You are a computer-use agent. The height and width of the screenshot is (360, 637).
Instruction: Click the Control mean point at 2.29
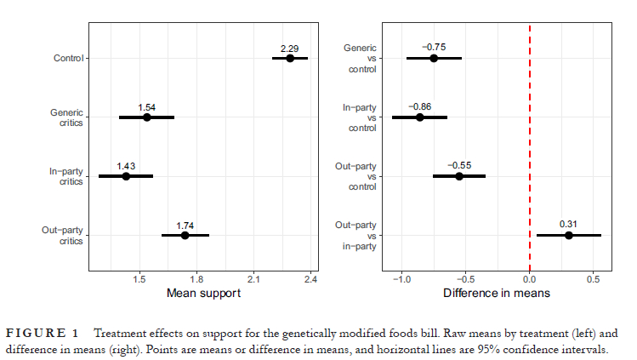click(x=290, y=58)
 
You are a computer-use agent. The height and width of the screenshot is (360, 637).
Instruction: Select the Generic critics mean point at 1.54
click(x=146, y=117)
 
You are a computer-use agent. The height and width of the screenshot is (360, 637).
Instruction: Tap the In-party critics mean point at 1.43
click(x=126, y=176)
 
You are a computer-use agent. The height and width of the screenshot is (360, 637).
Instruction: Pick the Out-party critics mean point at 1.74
click(x=185, y=235)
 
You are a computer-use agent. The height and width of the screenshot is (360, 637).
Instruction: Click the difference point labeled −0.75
click(x=434, y=58)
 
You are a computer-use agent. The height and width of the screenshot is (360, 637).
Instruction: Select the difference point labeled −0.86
click(x=419, y=117)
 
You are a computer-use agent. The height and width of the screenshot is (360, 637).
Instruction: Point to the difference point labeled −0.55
click(x=459, y=176)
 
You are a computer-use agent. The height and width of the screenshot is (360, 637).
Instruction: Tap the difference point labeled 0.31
click(x=569, y=235)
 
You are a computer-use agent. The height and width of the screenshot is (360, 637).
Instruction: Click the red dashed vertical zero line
click(x=530, y=145)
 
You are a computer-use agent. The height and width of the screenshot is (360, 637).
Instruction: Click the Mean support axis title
click(x=200, y=293)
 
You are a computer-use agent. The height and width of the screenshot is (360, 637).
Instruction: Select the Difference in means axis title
click(x=496, y=293)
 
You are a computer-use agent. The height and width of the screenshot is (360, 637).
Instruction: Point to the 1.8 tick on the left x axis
click(x=197, y=277)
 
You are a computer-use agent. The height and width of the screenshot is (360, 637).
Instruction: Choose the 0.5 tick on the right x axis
click(x=594, y=277)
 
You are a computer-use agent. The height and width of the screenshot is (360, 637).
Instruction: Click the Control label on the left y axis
click(x=67, y=58)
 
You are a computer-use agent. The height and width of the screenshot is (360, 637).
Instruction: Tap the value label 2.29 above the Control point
click(x=291, y=48)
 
